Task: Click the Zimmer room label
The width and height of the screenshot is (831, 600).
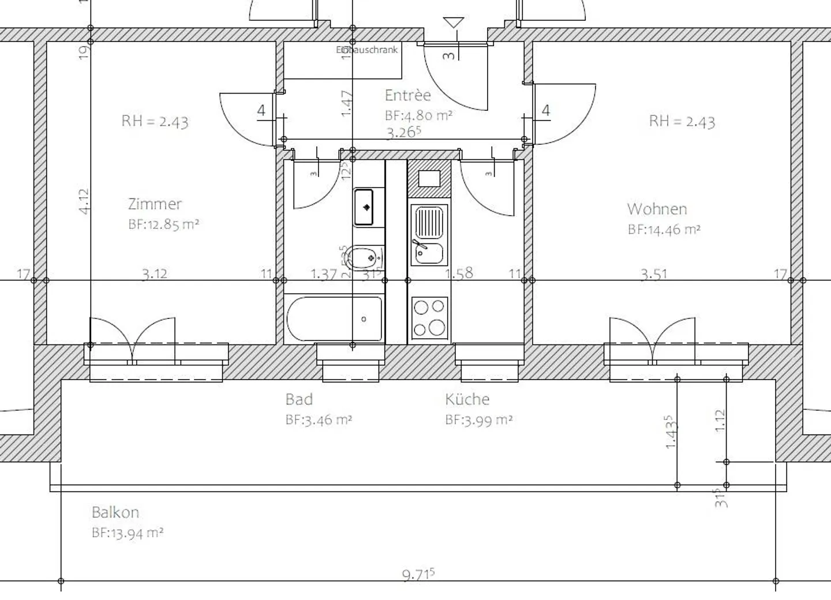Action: pos(155,204)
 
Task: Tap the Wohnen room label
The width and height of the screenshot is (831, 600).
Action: pos(657,209)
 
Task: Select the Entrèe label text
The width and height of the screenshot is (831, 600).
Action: pos(407,95)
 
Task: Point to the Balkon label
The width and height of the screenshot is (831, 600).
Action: pos(115,512)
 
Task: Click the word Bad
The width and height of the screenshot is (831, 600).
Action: pos(299,399)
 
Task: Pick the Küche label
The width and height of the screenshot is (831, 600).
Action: pos(467,399)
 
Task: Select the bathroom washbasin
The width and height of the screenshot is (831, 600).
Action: pos(364,207)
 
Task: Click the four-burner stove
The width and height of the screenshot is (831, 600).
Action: pos(429,317)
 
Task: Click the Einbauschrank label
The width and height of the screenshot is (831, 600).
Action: pos(367,50)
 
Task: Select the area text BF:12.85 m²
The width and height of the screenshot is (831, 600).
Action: pos(163,224)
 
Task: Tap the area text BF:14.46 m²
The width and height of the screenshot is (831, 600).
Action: pos(664,230)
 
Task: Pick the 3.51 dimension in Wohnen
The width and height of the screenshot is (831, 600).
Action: pos(653,274)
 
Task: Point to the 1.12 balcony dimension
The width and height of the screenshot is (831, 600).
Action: pos(719,421)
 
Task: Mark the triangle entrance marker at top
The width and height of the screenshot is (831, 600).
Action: pos(454,23)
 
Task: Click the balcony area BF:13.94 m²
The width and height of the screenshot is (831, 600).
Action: pos(128,533)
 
